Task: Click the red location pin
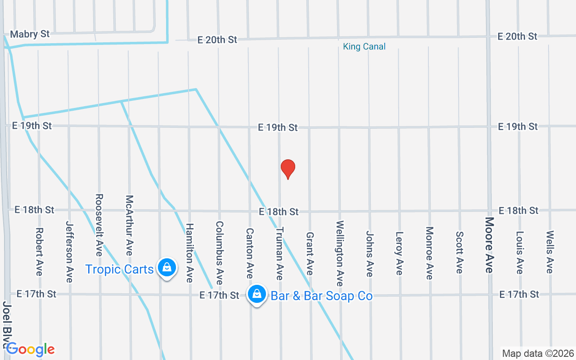pyautogui.click(x=288, y=169)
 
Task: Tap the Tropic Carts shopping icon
pyautogui.click(x=167, y=268)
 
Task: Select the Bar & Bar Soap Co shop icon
pyautogui.click(x=256, y=294)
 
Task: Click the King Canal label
pyautogui.click(x=364, y=46)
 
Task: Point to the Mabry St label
pyautogui.click(x=30, y=34)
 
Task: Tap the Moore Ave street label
pyautogui.click(x=489, y=245)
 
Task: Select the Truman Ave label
pyautogui.click(x=279, y=253)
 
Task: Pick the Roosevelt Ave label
pyautogui.click(x=99, y=225)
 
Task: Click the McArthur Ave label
pyautogui.click(x=129, y=225)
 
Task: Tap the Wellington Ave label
pyautogui.click(x=340, y=253)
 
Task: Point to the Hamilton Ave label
pyautogui.click(x=189, y=253)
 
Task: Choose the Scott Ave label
pyautogui.click(x=459, y=252)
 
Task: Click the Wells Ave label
pyautogui.click(x=549, y=252)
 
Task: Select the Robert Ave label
pyautogui.click(x=39, y=252)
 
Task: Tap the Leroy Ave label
pyautogui.click(x=399, y=253)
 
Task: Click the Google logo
pyautogui.click(x=30, y=349)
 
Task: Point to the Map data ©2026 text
pyautogui.click(x=538, y=353)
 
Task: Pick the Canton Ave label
pyautogui.click(x=250, y=253)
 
